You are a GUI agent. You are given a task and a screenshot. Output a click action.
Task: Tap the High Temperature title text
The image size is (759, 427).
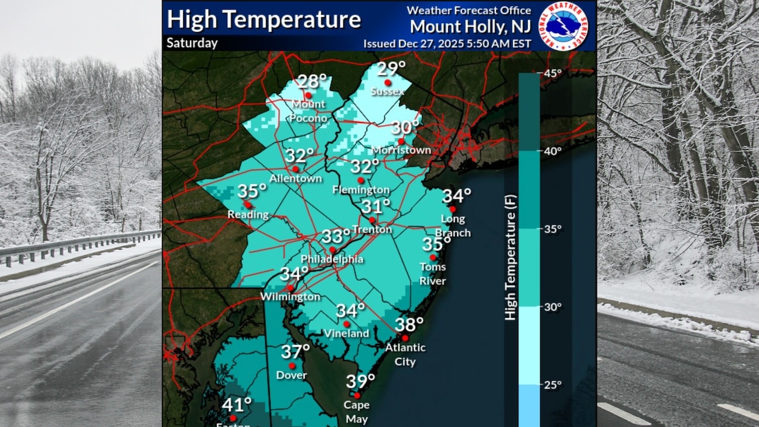263,20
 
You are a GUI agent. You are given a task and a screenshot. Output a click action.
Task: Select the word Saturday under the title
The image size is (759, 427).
192,43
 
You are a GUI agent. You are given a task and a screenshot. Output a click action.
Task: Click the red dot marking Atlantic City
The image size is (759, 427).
405,337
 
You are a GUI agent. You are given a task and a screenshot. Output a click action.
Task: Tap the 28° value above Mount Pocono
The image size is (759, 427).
312,81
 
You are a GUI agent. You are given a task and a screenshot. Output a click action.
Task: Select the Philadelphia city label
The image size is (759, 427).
331,259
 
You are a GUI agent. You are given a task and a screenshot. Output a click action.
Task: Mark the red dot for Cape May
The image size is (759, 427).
357,396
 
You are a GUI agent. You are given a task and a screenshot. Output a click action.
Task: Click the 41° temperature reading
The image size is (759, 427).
237,405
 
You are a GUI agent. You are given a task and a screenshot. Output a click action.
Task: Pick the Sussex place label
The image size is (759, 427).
387,92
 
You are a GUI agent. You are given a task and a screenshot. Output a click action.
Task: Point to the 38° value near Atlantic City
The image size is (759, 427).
409,324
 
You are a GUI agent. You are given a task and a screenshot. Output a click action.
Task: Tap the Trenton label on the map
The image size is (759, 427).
372,230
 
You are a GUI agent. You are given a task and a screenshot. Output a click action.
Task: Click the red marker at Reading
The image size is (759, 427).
247,204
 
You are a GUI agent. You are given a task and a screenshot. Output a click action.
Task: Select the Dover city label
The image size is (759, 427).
291,375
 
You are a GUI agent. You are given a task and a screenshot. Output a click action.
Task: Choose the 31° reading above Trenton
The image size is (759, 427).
376,206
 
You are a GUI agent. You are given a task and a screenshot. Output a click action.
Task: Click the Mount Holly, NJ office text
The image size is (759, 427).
470,27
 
